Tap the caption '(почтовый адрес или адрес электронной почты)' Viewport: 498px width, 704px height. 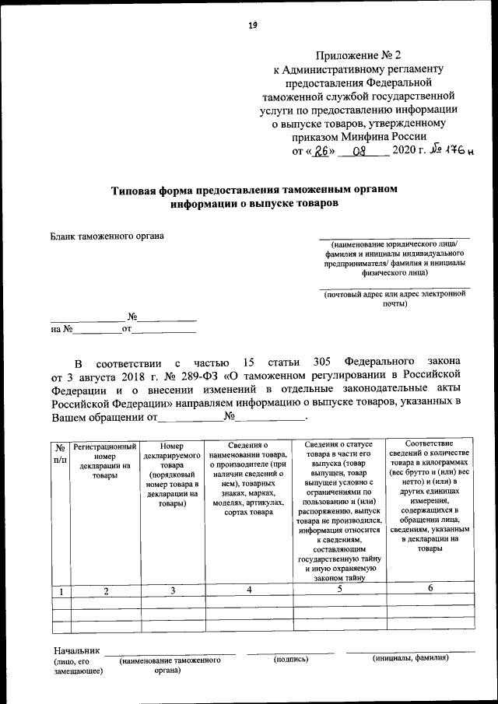(395, 299)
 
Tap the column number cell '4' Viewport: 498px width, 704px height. (249, 590)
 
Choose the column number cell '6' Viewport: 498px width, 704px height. (430, 589)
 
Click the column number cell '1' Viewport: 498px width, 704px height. (60, 592)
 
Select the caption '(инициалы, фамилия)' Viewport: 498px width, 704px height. (410, 659)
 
